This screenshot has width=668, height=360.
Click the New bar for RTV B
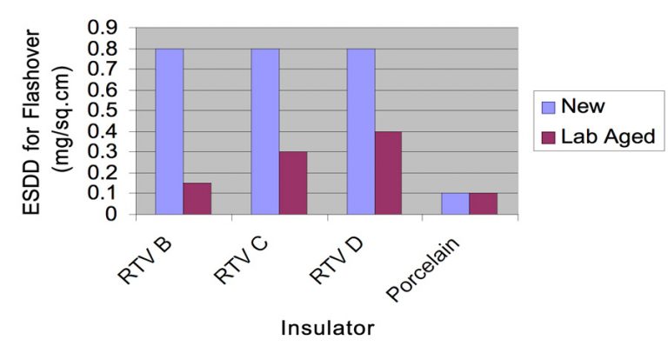click(170, 130)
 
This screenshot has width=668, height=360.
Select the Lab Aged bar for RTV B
click(197, 198)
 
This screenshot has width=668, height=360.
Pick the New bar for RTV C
click(265, 130)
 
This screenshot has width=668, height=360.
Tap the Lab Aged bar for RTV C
click(293, 183)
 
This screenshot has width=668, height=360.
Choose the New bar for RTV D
click(361, 130)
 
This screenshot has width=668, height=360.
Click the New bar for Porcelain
click(455, 203)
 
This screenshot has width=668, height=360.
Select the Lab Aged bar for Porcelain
click(483, 203)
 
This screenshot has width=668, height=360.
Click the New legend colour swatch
click(549, 108)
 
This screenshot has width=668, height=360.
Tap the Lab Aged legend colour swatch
click(549, 137)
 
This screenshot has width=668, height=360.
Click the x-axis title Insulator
click(327, 329)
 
